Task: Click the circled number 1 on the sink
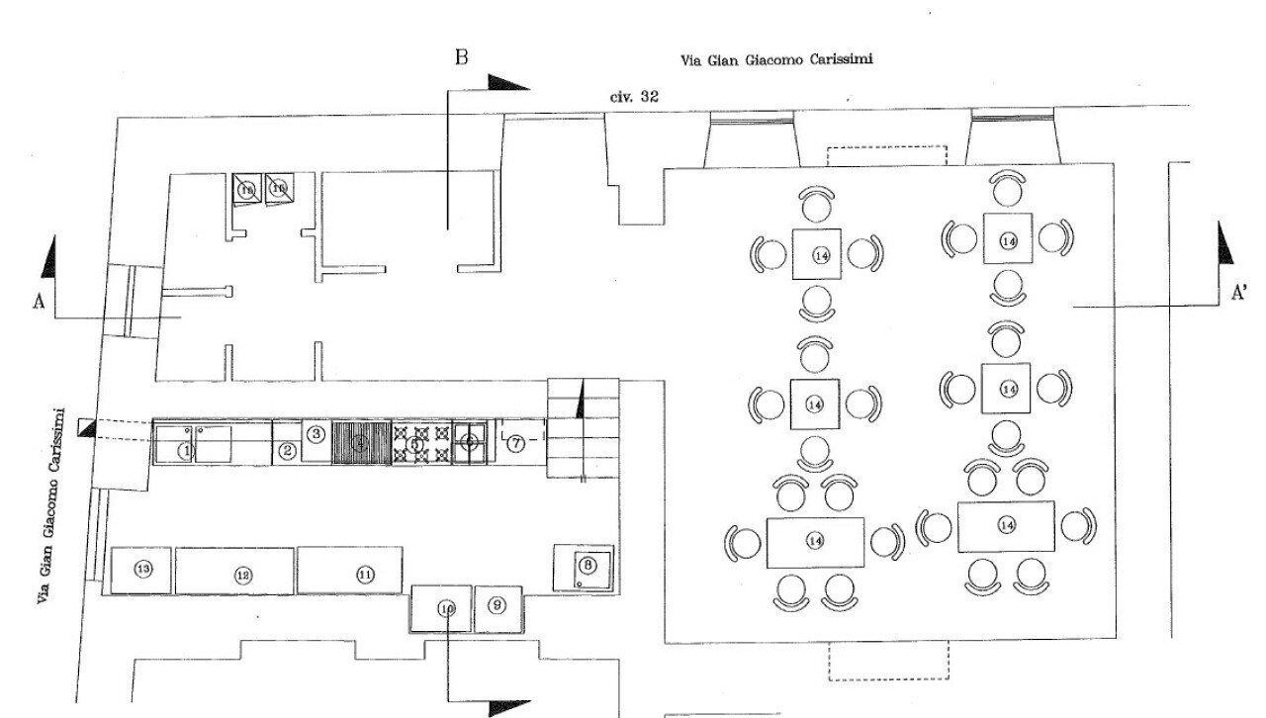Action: point(185,451)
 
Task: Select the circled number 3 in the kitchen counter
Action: point(316,433)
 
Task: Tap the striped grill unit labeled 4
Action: point(362,442)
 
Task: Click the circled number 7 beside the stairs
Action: point(516,444)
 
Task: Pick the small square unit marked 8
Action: point(588,566)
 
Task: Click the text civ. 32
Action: point(635,97)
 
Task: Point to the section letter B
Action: point(461,56)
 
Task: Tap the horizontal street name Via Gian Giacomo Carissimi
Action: point(776,58)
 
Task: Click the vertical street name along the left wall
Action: point(48,505)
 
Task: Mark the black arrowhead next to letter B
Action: point(508,82)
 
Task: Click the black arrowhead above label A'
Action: point(1224,243)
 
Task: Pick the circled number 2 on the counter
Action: point(288,451)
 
